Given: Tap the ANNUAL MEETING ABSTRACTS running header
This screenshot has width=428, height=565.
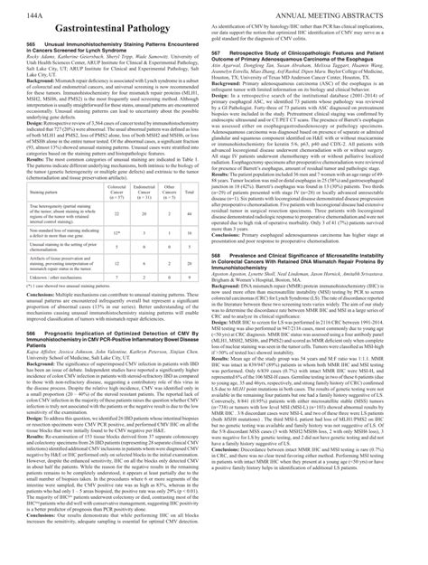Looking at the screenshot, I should click(x=361, y=16).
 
